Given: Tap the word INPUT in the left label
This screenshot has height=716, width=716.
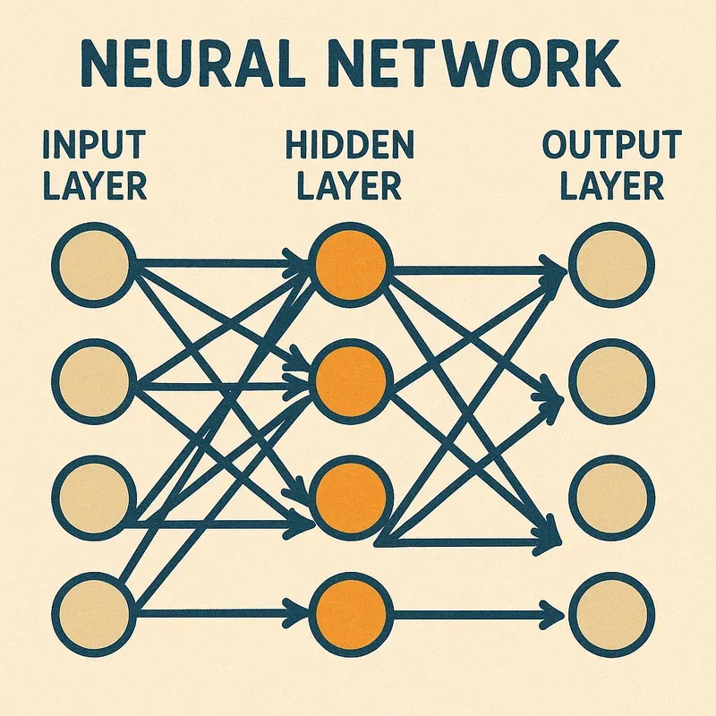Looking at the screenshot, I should (93, 143).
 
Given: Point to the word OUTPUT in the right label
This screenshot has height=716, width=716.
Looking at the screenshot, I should (611, 143).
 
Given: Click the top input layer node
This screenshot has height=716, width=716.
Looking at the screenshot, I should (94, 265).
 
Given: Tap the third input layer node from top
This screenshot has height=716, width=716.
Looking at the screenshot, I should (94, 495).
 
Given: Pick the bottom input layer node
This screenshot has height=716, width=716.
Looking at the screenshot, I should (94, 614).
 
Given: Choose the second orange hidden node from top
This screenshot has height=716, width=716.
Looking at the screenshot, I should (351, 380).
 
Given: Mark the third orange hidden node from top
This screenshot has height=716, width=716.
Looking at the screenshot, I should (351, 495).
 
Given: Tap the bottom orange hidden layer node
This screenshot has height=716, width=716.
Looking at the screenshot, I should (351, 614).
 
